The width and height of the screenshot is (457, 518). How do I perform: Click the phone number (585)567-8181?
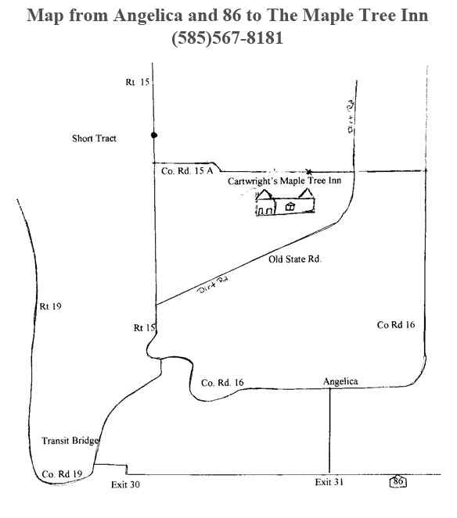pyautogui.click(x=228, y=38)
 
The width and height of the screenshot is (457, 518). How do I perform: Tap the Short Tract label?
pyautogui.click(x=95, y=138)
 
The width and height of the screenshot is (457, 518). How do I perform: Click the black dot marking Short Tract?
pyautogui.click(x=154, y=135)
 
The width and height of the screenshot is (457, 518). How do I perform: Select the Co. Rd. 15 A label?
pyautogui.click(x=187, y=171)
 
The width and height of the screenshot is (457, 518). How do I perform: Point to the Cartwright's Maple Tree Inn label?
pyautogui.click(x=285, y=180)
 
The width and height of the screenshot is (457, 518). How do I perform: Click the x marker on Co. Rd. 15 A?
pyautogui.click(x=308, y=171)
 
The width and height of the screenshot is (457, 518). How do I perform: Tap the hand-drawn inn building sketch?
pyautogui.click(x=286, y=202)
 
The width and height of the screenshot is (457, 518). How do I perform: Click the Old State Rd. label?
pyautogui.click(x=295, y=259)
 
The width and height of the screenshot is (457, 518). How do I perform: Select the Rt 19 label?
pyautogui.click(x=51, y=306)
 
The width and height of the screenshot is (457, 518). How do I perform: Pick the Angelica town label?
pyautogui.click(x=340, y=381)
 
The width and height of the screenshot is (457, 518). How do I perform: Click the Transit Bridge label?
pyautogui.click(x=70, y=441)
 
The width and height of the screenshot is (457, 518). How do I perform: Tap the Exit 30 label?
pyautogui.click(x=125, y=484)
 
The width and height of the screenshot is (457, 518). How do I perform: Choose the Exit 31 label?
pyautogui.click(x=329, y=482)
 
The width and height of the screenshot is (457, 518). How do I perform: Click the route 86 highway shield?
pyautogui.click(x=398, y=481)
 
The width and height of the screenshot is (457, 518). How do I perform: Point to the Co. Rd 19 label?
pyautogui.click(x=63, y=474)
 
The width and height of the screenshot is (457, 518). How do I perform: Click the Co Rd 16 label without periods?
pyautogui.click(x=396, y=325)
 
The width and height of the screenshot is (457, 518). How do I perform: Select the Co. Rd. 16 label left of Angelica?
pyautogui.click(x=222, y=383)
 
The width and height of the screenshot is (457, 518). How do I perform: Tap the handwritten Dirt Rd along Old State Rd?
pyautogui.click(x=213, y=284)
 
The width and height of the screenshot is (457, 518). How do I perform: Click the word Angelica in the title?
pyautogui.click(x=148, y=16)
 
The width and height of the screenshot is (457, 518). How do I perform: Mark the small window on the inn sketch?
pyautogui.click(x=290, y=207)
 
